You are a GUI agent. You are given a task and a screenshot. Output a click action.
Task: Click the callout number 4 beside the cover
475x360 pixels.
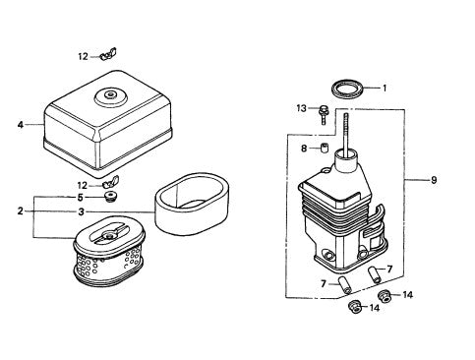19,125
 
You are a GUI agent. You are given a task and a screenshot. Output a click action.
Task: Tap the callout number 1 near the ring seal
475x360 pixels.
385,88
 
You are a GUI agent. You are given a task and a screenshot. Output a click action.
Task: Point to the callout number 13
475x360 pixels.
302,107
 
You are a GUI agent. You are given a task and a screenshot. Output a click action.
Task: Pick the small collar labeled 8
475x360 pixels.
320,149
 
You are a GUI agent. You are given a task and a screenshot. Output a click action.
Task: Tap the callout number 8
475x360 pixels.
303,149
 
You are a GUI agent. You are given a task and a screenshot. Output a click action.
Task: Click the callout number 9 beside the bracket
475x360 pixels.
435,180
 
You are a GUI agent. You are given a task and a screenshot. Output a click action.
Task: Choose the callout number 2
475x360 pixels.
19,210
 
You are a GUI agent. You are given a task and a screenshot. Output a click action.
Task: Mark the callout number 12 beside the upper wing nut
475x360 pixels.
84,55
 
